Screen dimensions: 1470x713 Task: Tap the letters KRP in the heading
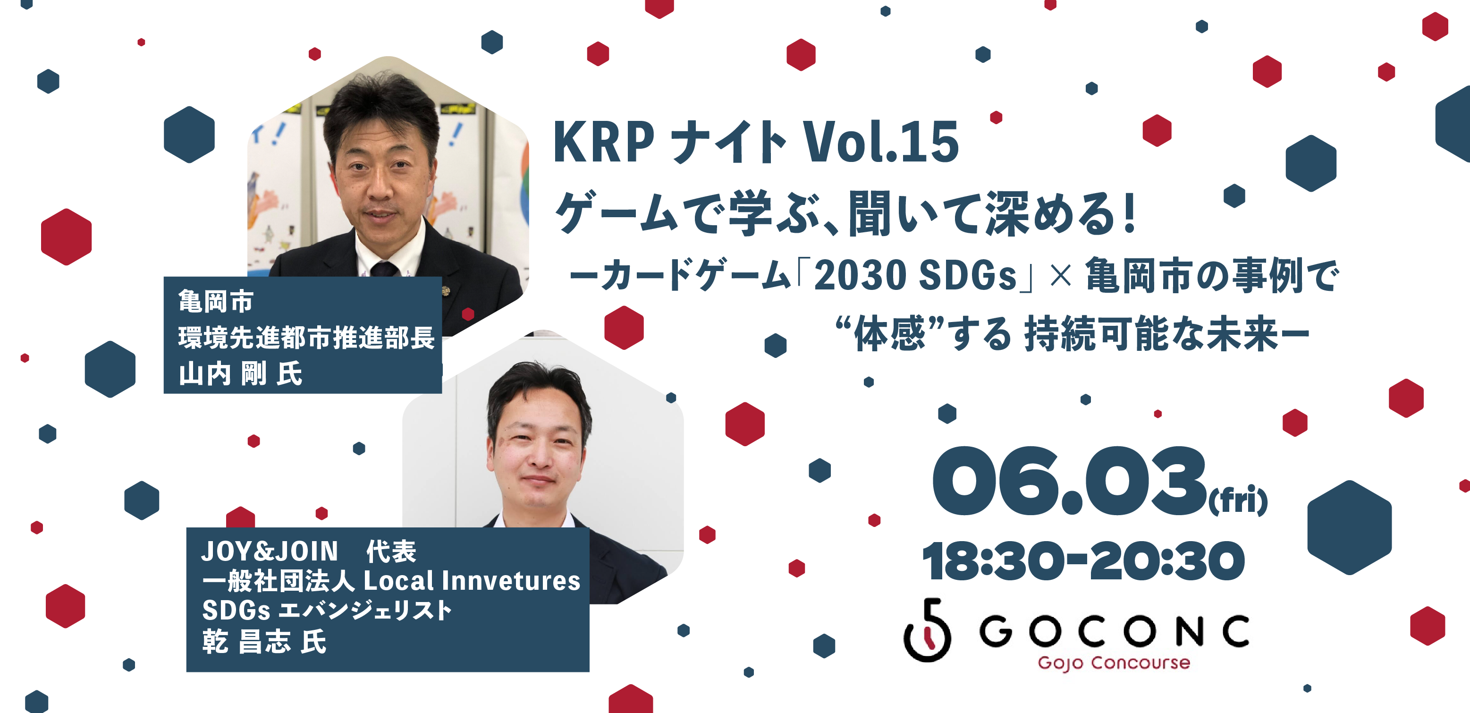point(603,142)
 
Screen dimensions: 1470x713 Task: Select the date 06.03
point(1069,481)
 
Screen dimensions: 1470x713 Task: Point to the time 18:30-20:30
point(1082,561)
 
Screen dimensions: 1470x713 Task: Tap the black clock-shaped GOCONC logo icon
point(927,630)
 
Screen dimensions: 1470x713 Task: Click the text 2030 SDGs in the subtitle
point(915,275)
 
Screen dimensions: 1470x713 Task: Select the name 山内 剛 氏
point(240,374)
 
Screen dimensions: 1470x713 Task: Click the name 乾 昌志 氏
point(264,642)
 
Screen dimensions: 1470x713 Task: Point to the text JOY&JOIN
point(270,552)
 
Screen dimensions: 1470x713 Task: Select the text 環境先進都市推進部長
point(306,337)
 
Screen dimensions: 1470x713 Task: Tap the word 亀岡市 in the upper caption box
point(215,301)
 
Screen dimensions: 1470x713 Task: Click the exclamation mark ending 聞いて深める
point(1128,212)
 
